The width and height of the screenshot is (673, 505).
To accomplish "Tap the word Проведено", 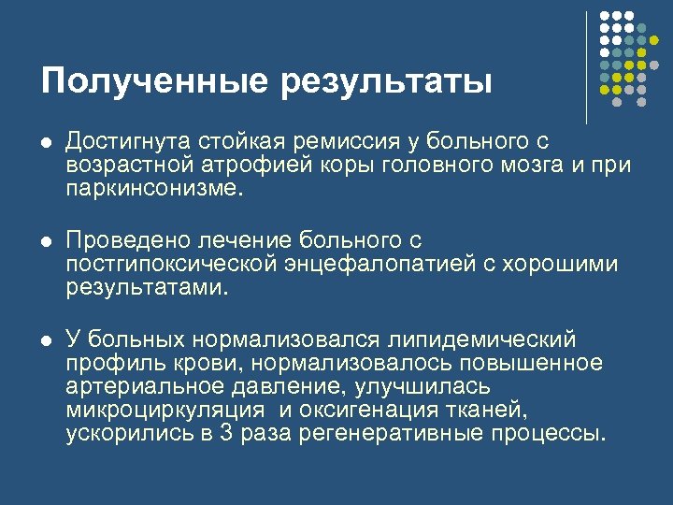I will pyautogui.click(x=126, y=240).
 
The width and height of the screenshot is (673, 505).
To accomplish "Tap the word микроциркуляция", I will pyautogui.click(x=161, y=411).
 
